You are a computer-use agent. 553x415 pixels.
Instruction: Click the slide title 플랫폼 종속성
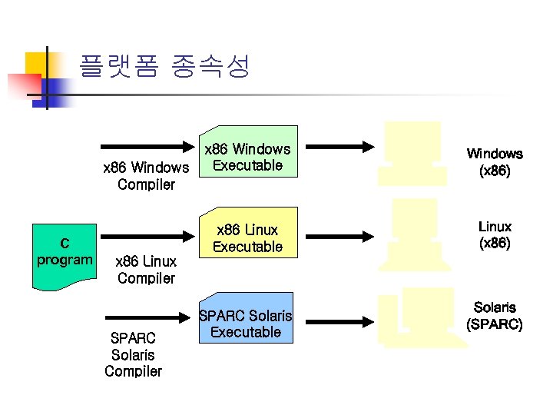point(164,68)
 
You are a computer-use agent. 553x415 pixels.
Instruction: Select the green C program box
point(65,256)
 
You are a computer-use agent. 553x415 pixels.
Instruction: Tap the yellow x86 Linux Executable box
point(247,237)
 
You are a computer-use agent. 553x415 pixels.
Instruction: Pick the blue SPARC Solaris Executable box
point(247,323)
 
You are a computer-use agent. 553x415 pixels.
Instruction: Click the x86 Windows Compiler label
point(146,175)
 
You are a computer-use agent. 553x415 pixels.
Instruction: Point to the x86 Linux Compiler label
point(146,270)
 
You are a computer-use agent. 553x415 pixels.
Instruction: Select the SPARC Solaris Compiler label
point(133,354)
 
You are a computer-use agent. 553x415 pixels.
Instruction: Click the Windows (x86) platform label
point(495,162)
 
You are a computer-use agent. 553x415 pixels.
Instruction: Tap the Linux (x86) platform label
point(495,234)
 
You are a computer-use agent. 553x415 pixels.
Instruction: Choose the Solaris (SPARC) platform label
point(495,316)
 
